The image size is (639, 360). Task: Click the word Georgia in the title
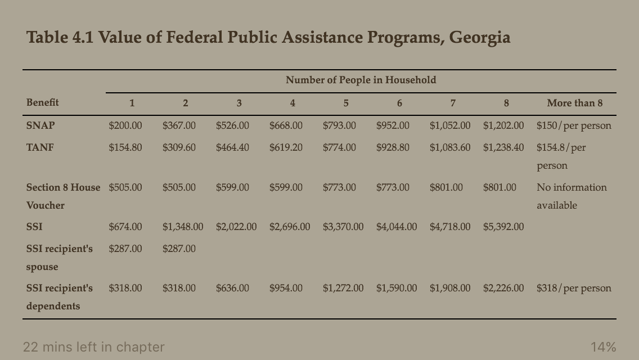[x=479, y=38]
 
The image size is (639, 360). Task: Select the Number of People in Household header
[x=361, y=80]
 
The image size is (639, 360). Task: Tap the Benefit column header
[x=42, y=102]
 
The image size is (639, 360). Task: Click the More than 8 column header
[x=574, y=103]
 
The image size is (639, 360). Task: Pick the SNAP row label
[x=40, y=125]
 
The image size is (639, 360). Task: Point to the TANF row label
[x=40, y=147]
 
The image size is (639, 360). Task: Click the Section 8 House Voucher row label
[x=63, y=196]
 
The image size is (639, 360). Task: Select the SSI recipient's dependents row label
[x=60, y=296]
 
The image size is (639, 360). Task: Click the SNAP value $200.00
[x=125, y=125]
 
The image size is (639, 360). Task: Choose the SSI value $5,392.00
[x=503, y=227]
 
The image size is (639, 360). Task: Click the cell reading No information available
[x=571, y=196]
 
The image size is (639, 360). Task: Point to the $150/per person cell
[x=574, y=125]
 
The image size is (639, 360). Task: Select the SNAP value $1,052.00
[x=449, y=125]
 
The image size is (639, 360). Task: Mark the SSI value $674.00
[x=125, y=227]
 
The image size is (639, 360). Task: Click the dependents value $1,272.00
[x=343, y=288]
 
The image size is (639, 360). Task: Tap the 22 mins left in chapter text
[x=93, y=347]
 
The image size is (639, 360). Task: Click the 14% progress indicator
[x=603, y=347]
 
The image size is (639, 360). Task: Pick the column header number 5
[x=345, y=103]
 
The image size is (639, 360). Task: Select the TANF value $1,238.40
[x=503, y=147]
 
